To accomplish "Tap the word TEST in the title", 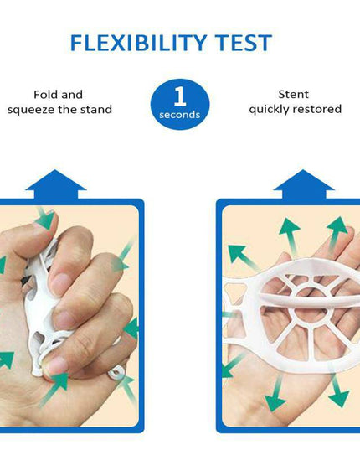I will coord(243,44).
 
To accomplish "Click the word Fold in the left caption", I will coord(46,95).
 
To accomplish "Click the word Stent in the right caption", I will coord(293,95).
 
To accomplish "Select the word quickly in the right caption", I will coord(269,110).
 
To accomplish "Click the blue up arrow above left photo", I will coord(55,184).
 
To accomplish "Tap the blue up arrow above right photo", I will coord(304,184).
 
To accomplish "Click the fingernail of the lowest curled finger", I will coord(58,365).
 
